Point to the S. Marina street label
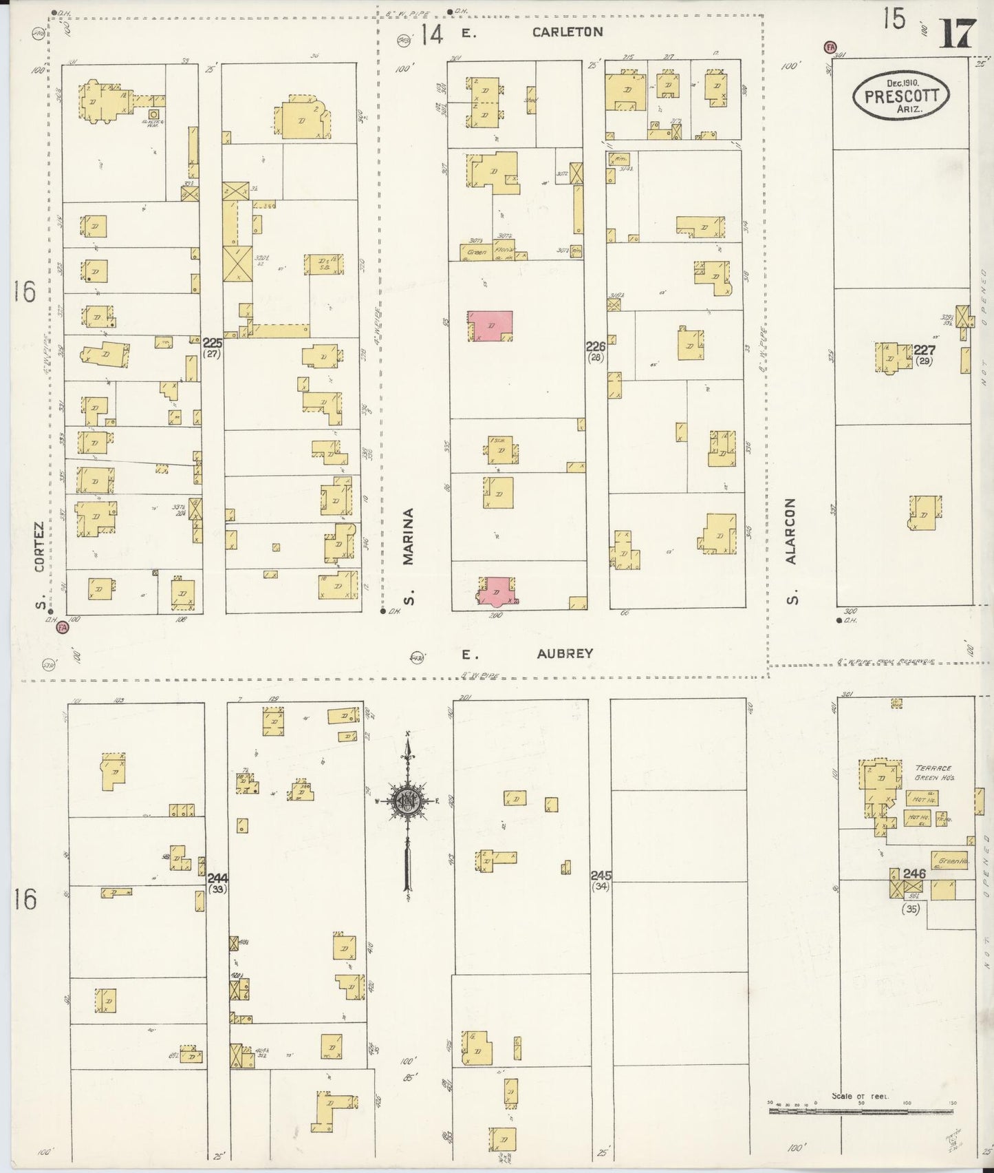click(x=409, y=556)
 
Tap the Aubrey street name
click(x=565, y=653)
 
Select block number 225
click(x=212, y=342)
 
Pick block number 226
click(x=595, y=346)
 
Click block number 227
click(x=924, y=350)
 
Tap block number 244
click(x=217, y=878)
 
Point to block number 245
click(x=600, y=876)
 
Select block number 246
click(x=914, y=874)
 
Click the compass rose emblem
click(x=407, y=800)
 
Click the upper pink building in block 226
click(x=490, y=325)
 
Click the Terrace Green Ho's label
click(x=931, y=772)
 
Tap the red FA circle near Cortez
click(x=63, y=628)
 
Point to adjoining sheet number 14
click(x=432, y=34)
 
